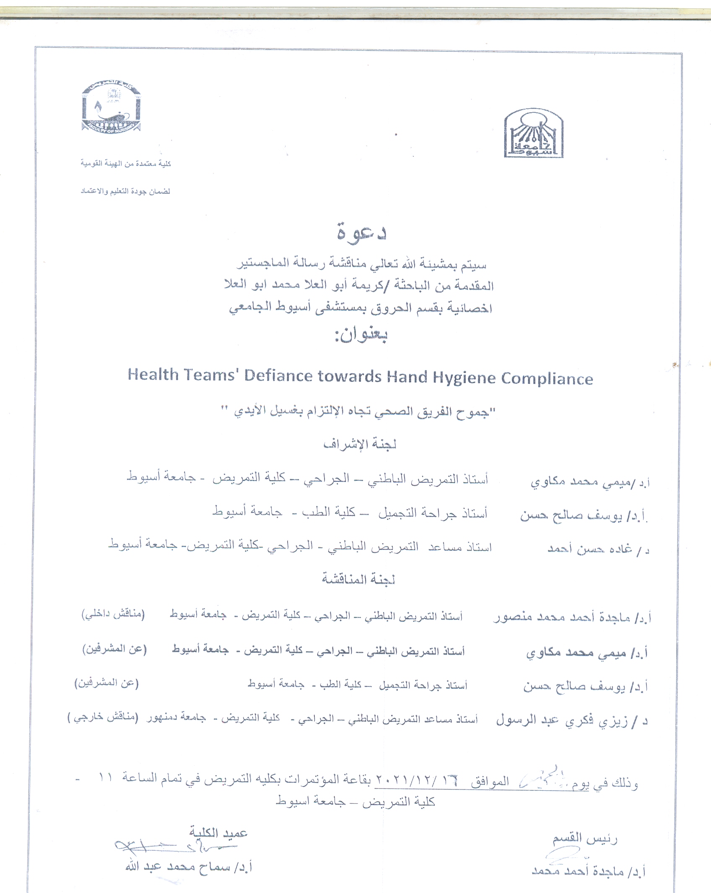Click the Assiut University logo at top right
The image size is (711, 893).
pos(533,133)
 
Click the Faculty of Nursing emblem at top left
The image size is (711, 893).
pos(111,107)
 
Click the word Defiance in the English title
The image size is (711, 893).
pos(278,375)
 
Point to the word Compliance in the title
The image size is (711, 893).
pos(547,379)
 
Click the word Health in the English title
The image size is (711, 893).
pos(153,375)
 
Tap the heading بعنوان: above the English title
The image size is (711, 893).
pos(361,335)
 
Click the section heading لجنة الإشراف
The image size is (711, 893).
pos(360,444)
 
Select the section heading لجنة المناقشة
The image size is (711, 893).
pos(358,579)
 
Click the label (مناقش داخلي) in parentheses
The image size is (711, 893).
pos(113,614)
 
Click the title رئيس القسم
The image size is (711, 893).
pos(584,838)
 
